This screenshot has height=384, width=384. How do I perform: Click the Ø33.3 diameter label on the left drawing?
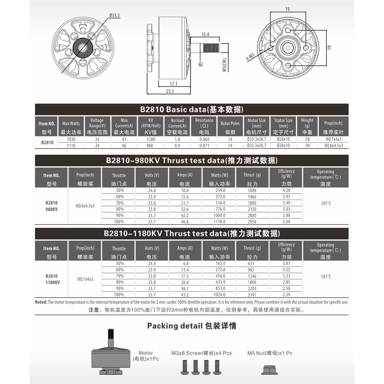tap(115, 15)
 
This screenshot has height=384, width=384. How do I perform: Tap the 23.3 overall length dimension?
tap(170, 91)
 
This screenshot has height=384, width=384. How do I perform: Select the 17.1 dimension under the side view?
tap(174, 84)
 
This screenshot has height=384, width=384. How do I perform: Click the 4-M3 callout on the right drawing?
tap(250, 56)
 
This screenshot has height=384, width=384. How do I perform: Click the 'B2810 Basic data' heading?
tap(192, 109)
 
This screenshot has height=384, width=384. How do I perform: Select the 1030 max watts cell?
tap(71, 139)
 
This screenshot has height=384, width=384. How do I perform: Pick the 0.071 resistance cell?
tap(204, 146)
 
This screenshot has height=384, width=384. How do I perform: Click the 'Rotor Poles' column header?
tap(230, 124)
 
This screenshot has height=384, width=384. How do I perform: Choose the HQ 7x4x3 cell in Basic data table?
tap(333, 139)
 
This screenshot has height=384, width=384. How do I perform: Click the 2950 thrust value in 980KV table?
tap(252, 222)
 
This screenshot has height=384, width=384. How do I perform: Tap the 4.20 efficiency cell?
tap(286, 190)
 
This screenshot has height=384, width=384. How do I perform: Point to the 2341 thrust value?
tap(252, 295)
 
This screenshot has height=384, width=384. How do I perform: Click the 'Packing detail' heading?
tap(192, 326)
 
